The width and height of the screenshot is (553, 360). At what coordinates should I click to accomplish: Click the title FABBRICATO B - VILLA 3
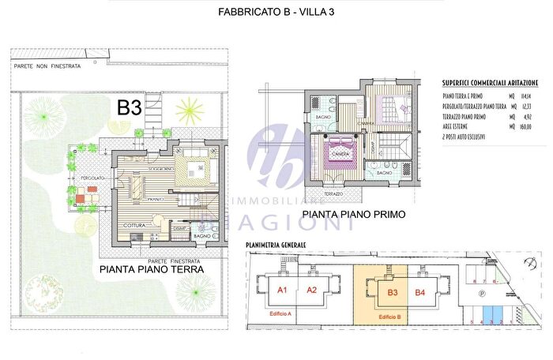(x=276, y=12)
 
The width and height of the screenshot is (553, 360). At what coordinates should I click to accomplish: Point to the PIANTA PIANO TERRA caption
(x=152, y=269)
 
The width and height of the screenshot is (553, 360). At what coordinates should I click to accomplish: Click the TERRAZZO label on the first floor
(x=333, y=193)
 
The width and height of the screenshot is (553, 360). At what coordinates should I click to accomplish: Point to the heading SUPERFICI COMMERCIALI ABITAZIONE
(x=491, y=82)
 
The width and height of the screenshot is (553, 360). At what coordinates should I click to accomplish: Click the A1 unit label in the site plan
(x=280, y=291)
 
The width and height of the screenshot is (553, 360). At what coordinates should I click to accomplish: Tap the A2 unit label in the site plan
(x=311, y=291)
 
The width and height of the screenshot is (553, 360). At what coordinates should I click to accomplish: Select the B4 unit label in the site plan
(x=420, y=294)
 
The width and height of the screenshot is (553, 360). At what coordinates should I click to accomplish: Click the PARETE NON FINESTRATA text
(x=47, y=67)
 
